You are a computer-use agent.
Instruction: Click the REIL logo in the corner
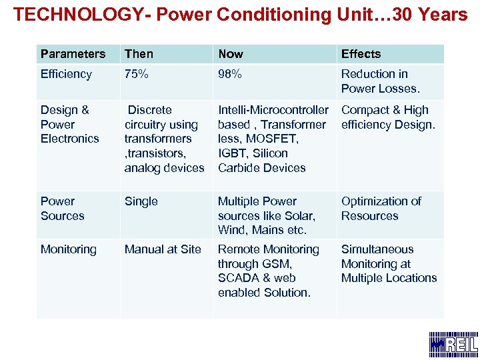coord(453,343)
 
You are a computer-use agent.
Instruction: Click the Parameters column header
coord(73,54)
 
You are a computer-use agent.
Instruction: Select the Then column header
coord(139,54)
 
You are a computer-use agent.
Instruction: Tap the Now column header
coord(231,54)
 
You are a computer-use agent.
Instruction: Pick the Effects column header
coord(361,54)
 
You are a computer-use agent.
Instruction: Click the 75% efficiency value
coord(136,74)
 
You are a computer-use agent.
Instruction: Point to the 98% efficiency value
coord(230,74)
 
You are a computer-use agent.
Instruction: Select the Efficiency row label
coord(66,74)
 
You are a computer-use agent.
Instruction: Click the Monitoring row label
coord(68,249)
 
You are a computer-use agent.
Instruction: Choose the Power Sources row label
coord(62,209)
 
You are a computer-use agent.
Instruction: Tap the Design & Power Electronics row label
coord(69,124)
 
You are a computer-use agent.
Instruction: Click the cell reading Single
coord(141,201)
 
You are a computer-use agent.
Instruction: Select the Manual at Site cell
coord(163,249)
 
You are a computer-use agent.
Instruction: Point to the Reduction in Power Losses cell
coord(380,81)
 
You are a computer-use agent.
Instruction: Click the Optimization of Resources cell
coord(381,209)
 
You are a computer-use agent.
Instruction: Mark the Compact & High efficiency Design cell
coord(387,117)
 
